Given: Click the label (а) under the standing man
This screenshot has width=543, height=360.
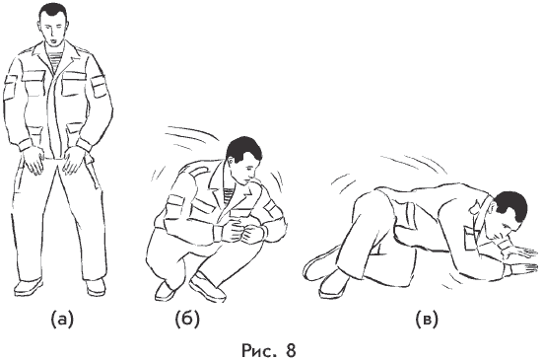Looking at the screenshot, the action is click(x=62, y=320).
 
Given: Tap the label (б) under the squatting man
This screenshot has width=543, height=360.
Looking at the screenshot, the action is click(x=187, y=320).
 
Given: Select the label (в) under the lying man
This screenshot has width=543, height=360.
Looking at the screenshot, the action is click(x=427, y=320).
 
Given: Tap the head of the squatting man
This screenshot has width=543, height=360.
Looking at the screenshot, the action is click(x=243, y=159).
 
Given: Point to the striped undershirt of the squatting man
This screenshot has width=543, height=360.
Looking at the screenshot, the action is click(x=230, y=196).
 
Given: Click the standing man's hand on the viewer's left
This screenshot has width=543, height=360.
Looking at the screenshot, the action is click(x=34, y=161).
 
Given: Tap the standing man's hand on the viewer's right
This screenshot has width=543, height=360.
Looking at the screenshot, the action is click(x=74, y=161).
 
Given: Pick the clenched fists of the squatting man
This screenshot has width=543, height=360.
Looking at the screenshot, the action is click(x=242, y=231).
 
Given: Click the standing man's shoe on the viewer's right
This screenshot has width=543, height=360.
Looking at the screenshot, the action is click(x=96, y=287).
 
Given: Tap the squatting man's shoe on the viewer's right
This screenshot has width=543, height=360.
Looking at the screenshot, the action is click(x=207, y=287).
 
